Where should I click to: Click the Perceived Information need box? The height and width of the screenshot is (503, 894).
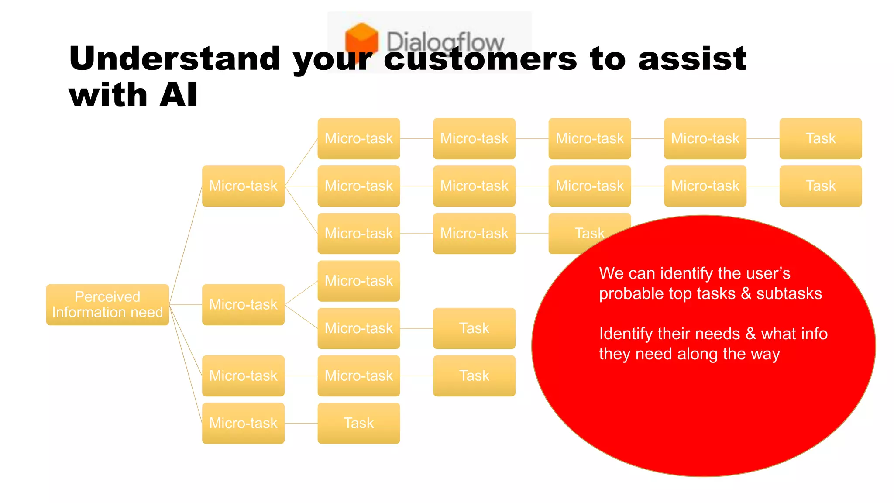[107, 304]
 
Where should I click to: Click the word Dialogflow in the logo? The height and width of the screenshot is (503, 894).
[445, 41]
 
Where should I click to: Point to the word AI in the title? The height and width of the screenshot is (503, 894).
[178, 95]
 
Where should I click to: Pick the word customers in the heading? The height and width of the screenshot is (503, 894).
[480, 59]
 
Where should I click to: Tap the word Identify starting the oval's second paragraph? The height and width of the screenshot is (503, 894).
[626, 334]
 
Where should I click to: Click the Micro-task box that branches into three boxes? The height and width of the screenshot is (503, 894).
[243, 186]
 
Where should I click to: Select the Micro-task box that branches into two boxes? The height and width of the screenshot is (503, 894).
[243, 304]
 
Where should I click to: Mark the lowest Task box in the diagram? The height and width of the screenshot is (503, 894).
[358, 423]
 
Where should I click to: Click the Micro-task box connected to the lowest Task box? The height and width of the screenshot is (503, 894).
[243, 423]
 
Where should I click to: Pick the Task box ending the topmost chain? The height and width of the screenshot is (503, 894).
[820, 138]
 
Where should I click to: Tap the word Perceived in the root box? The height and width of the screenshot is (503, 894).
[107, 296]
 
